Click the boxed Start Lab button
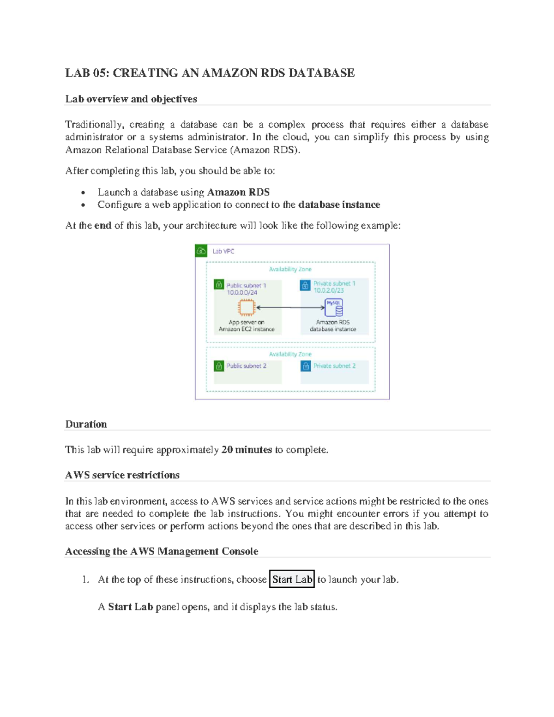click(292, 579)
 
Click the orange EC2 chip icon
click(247, 307)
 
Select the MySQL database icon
click(334, 307)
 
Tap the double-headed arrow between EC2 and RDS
click(290, 307)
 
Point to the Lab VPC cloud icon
click(201, 251)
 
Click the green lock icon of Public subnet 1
click(219, 284)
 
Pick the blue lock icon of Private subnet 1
click(305, 285)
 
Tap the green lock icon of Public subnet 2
click(219, 366)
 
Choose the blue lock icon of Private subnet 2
click(305, 366)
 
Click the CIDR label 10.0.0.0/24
click(242, 293)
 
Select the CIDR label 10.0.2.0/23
click(329, 290)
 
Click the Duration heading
click(86, 424)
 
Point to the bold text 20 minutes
click(247, 450)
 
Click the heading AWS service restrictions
click(122, 475)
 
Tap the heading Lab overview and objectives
click(131, 99)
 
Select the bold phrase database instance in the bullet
click(339, 205)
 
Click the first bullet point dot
click(83, 193)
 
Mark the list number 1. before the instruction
click(85, 579)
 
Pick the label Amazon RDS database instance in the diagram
click(333, 326)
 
